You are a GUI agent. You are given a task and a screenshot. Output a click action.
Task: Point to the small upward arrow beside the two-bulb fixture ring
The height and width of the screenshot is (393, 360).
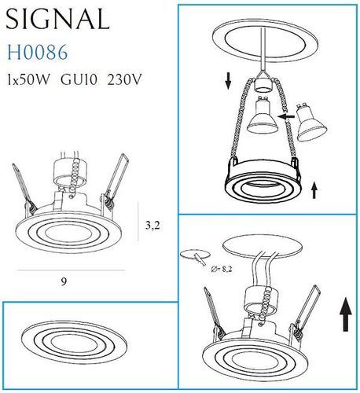[314, 189]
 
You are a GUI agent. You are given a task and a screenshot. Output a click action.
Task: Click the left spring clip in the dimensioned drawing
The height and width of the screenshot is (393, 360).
[23, 191]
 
